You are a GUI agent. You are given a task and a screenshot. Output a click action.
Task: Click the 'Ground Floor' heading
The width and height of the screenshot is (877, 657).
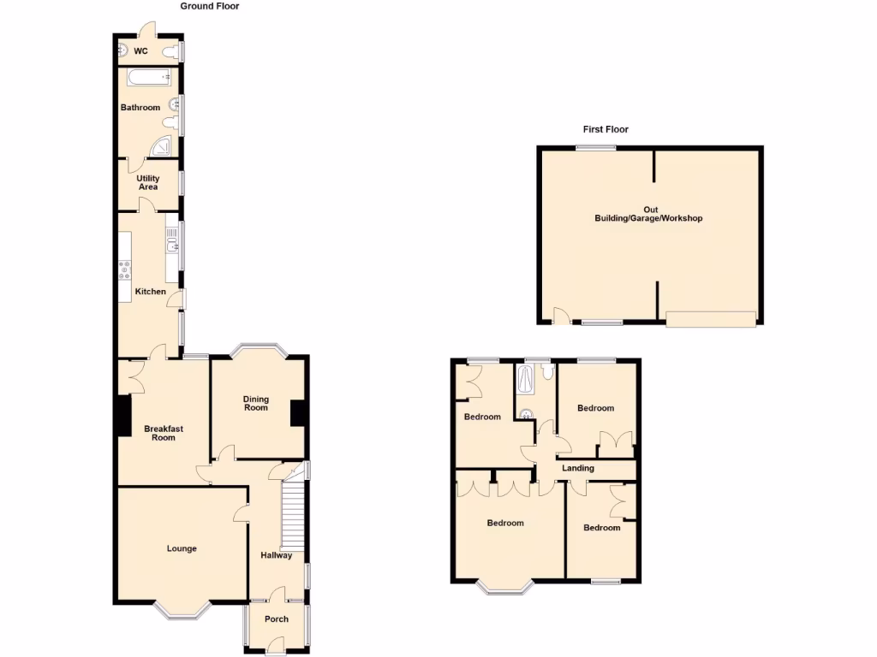[210, 6]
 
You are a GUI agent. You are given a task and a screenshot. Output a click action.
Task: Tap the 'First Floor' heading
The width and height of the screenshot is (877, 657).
[606, 130]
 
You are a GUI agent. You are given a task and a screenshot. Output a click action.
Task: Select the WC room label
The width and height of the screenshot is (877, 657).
[140, 51]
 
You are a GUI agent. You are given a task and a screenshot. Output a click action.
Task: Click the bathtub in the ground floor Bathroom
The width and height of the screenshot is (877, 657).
[149, 78]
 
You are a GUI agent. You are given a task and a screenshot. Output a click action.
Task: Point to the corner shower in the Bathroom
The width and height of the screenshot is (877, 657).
[162, 149]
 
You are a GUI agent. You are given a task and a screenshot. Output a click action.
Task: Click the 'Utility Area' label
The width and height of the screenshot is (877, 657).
[148, 182]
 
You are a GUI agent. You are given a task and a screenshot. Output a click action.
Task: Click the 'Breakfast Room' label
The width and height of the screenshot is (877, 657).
[163, 433]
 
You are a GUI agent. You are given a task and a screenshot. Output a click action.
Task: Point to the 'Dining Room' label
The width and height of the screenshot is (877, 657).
[255, 403]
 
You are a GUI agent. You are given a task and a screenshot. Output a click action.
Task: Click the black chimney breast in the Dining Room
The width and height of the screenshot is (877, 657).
[298, 413]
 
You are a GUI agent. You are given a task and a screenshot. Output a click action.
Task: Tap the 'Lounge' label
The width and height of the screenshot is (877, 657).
[182, 548]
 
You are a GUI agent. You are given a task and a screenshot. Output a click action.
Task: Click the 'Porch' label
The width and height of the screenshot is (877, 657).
[277, 619]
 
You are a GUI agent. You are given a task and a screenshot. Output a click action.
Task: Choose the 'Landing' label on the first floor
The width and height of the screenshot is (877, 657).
[577, 468]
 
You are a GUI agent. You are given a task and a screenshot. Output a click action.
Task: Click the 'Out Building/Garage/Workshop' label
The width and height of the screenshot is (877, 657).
[648, 214]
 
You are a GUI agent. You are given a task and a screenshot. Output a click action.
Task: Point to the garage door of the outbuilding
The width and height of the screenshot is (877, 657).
[711, 319]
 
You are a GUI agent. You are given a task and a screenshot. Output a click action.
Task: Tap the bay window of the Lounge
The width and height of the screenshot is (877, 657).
[182, 610]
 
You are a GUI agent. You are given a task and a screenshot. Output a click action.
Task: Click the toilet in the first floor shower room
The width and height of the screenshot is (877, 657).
[547, 372]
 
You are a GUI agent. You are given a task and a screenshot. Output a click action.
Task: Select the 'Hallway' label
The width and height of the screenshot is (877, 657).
[277, 556]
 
